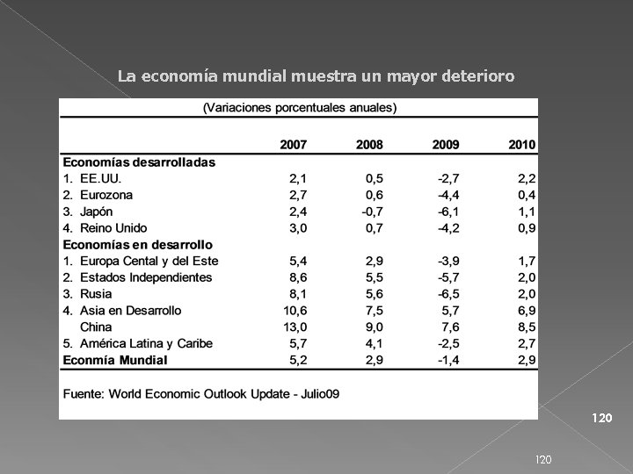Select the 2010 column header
[x=522, y=144]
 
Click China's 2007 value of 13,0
[x=295, y=327]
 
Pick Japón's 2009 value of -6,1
[x=447, y=211]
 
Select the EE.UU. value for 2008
[x=372, y=177]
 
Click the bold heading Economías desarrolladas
[x=138, y=162]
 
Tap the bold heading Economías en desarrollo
[x=136, y=244]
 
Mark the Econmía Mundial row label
[x=114, y=359]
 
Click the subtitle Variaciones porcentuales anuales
[x=300, y=109]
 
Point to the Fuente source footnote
[x=200, y=393]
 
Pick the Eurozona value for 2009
[x=447, y=194]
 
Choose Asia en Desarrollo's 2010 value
[x=526, y=310]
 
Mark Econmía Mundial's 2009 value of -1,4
[x=447, y=359]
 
